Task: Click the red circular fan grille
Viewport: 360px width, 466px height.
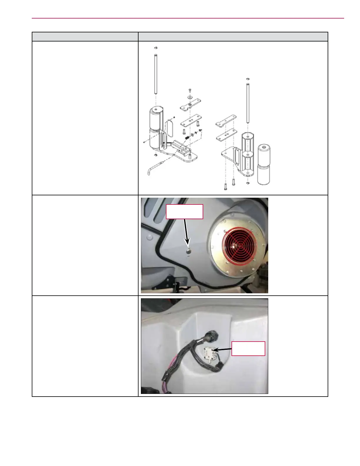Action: click(x=239, y=244)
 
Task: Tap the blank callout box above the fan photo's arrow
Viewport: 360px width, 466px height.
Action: click(x=184, y=212)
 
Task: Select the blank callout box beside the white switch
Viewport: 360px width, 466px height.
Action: click(x=248, y=349)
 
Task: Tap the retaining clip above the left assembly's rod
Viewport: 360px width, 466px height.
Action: click(x=156, y=48)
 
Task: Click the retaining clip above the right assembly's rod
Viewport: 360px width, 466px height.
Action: click(x=248, y=79)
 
